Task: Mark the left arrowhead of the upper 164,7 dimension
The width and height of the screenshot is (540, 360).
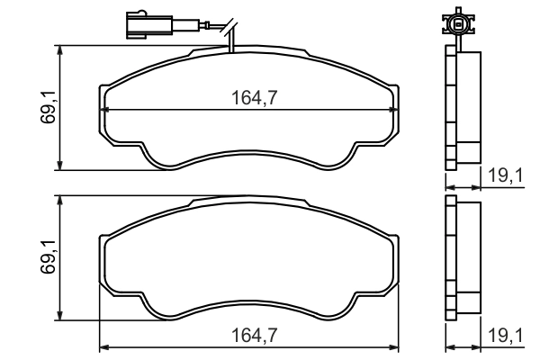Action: (x=102, y=110)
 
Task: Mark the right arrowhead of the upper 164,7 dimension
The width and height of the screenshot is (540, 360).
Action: (x=397, y=110)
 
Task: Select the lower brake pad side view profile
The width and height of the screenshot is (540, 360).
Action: (x=463, y=258)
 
